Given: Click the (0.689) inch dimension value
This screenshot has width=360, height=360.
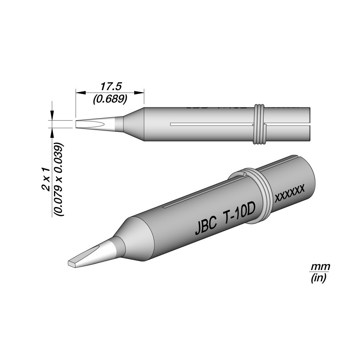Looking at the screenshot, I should pyautogui.click(x=109, y=99).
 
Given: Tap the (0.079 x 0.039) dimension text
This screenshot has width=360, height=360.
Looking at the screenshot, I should pyautogui.click(x=59, y=179).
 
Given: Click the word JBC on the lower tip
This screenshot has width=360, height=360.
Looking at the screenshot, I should pyautogui.click(x=206, y=227).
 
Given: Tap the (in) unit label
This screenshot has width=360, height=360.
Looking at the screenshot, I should pyautogui.click(x=319, y=278).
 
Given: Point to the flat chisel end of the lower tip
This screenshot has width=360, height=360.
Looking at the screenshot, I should pyautogui.click(x=72, y=264).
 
